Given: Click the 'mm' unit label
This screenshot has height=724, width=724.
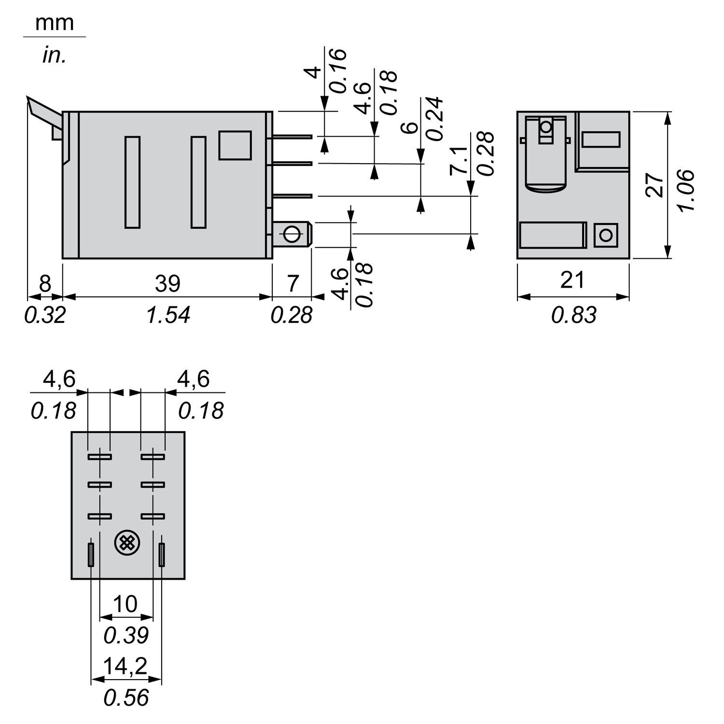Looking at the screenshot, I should (x=54, y=23).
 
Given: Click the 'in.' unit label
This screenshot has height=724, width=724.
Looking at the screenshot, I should (x=54, y=56).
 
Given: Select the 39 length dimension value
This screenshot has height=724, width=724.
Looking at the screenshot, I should (x=167, y=283).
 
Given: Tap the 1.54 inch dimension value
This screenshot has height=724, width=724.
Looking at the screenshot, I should (x=168, y=315).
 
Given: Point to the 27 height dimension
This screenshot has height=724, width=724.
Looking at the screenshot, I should (x=655, y=185).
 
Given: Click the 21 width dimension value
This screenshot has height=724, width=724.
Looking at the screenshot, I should (x=572, y=280).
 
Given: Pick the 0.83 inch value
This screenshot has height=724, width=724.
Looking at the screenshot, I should (x=574, y=315).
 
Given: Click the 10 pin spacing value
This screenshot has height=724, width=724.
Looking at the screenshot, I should (x=125, y=604).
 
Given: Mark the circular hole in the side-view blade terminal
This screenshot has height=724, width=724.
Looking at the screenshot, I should (x=292, y=235).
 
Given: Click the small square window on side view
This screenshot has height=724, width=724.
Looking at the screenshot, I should (x=235, y=145).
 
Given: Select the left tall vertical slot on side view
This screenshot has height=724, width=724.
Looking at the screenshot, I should (x=132, y=182).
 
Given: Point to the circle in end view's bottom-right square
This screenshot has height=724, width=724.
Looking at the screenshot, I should (x=605, y=236).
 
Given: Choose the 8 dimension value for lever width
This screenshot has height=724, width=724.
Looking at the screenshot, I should (x=44, y=283).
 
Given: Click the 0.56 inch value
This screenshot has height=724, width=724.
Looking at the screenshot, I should (x=126, y=697).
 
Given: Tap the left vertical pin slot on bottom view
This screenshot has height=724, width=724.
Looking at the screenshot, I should (x=90, y=554).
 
